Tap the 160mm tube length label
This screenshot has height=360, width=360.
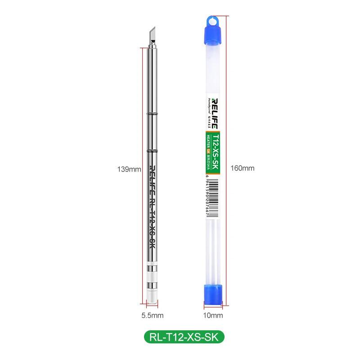243,168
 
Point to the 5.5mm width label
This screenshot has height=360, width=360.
153,315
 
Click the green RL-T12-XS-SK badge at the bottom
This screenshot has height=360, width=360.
184,337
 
